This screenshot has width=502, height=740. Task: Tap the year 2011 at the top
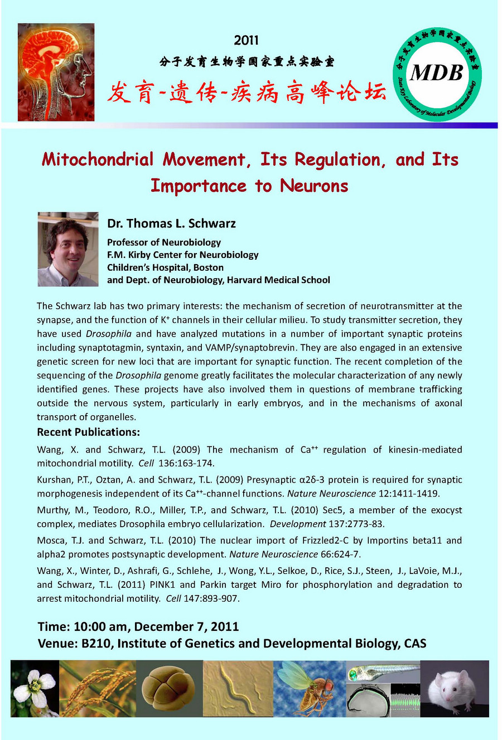[x=246, y=40]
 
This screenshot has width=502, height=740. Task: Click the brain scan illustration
[x=56, y=72]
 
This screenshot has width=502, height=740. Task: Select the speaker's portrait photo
[x=68, y=249]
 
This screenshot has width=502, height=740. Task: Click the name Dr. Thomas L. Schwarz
[x=171, y=223]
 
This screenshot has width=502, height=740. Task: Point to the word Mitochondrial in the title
[x=98, y=160]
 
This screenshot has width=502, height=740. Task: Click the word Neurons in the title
[x=314, y=186]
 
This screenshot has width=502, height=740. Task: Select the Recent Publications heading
[x=88, y=432]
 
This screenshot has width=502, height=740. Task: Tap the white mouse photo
[x=454, y=688]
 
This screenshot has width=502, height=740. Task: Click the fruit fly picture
[x=310, y=688]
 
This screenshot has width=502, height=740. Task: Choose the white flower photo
[x=35, y=688]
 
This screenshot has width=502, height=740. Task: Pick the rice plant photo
[x=98, y=688]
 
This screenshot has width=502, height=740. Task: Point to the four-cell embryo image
[x=168, y=688]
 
